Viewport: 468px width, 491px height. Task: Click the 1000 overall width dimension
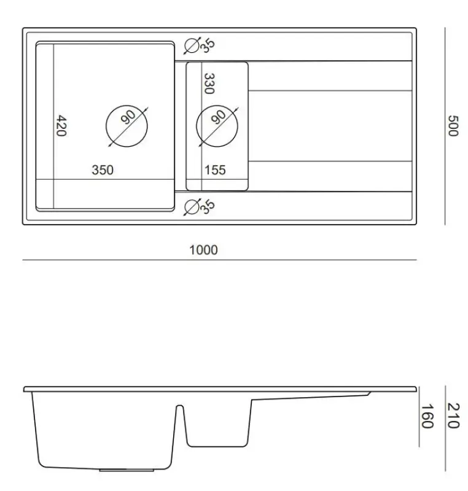tap(203, 250)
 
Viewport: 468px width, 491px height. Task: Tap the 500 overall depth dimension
tap(453, 126)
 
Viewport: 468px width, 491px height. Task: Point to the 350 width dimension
tap(103, 170)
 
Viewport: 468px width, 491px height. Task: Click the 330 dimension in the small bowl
tap(208, 83)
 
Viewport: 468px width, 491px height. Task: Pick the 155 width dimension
tap(215, 170)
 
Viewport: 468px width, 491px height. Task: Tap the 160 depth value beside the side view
tap(428, 416)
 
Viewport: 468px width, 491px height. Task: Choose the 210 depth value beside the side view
tap(453, 416)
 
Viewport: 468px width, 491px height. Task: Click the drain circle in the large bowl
tap(127, 125)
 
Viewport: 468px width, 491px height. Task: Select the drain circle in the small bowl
tap(217, 125)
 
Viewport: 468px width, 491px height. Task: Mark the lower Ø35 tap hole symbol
tap(192, 207)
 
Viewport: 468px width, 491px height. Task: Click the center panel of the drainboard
tap(330, 126)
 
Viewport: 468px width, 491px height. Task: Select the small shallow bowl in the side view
tap(218, 423)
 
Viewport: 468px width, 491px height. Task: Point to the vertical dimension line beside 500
tap(445, 126)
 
